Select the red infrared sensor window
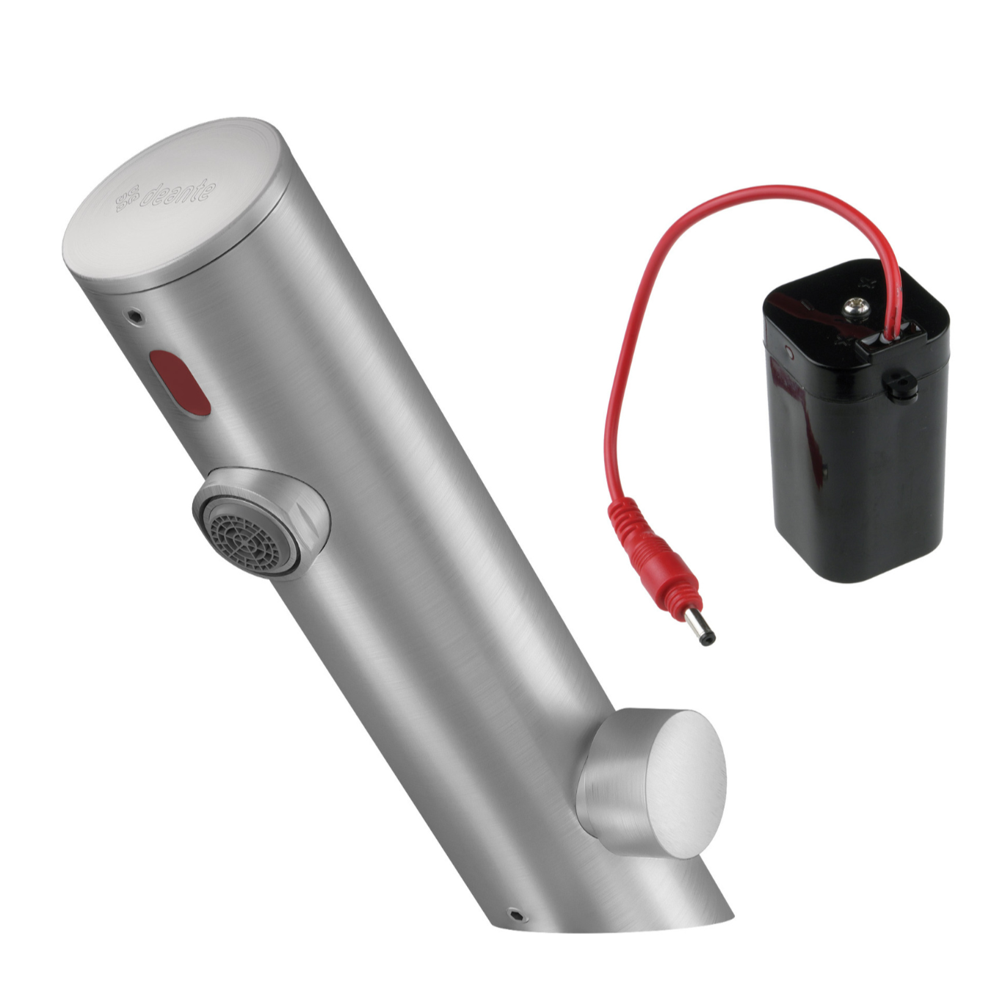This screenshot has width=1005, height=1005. [x=180, y=382]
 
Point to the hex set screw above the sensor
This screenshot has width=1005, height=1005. [x=134, y=316]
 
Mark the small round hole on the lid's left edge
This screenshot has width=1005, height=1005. [x=791, y=353]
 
